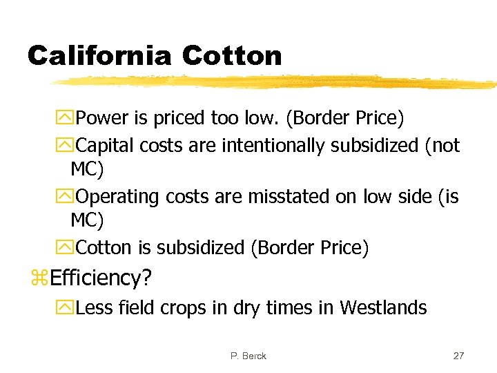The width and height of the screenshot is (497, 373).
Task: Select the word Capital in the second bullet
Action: pyautogui.click(x=105, y=146)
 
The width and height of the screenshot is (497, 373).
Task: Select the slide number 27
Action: pyautogui.click(x=458, y=356)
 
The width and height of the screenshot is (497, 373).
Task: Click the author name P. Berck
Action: pyautogui.click(x=248, y=356)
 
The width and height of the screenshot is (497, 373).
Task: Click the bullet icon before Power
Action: pyautogui.click(x=68, y=118)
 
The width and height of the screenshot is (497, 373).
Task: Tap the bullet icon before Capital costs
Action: pyautogui.click(x=68, y=146)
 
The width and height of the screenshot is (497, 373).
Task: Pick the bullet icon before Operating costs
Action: pyautogui.click(x=68, y=197)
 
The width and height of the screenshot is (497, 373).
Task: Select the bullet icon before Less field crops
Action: pyautogui.click(x=68, y=307)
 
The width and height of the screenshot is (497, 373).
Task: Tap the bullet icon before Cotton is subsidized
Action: pyautogui.click(x=68, y=247)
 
